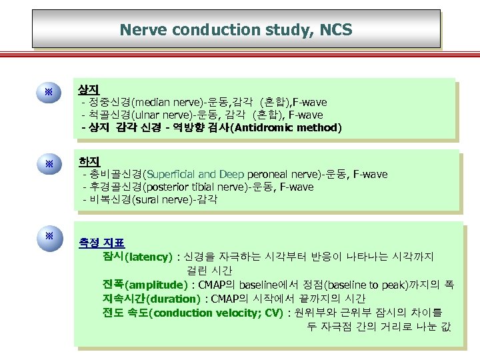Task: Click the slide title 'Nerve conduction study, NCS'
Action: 236,29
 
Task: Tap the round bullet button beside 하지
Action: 49,164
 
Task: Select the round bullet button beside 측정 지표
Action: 49,237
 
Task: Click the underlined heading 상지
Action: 88,89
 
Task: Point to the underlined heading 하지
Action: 88,161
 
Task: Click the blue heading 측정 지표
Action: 102,243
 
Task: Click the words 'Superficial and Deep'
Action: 197,175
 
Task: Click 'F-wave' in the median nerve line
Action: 311,103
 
